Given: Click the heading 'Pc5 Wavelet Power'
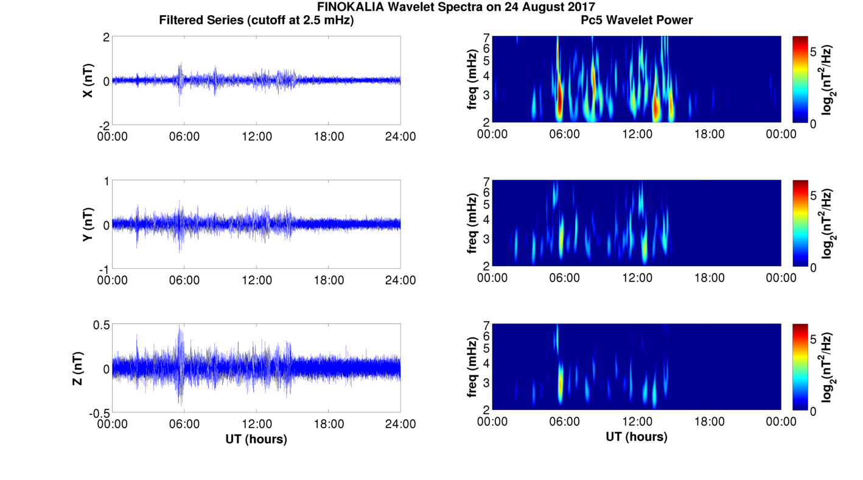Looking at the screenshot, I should coord(637,20).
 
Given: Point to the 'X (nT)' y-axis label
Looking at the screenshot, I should coord(88,80).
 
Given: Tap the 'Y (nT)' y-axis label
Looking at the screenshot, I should coord(88,224).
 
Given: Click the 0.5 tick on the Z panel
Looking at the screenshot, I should coord(101,325).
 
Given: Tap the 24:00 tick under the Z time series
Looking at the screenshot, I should coord(400,424).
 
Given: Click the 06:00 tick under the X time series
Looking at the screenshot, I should coord(184,136).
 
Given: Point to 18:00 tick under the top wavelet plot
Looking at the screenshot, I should coord(709,133).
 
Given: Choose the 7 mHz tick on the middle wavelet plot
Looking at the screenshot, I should coord(486,182).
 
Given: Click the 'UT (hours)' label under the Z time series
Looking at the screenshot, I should coord(256,439).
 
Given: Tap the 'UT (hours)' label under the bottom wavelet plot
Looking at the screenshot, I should coord(637,437).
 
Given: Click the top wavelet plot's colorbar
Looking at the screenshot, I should coord(800,79).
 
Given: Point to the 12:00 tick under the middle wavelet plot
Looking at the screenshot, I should coord(637,278).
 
